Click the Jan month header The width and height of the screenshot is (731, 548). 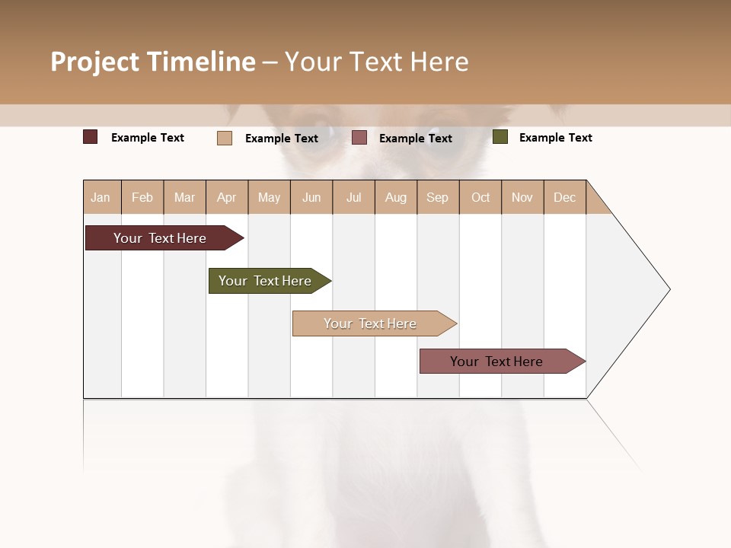click(x=101, y=197)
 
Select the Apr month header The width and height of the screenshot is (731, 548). click(x=227, y=197)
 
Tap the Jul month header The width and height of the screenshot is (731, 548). click(x=353, y=197)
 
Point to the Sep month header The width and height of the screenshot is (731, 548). click(x=437, y=197)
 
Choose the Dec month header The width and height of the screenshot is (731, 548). click(x=564, y=197)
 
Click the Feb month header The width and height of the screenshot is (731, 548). click(x=142, y=197)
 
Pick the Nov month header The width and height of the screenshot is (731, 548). click(x=522, y=197)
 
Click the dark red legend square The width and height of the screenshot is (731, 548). click(x=91, y=137)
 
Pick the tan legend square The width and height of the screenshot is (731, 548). click(x=225, y=138)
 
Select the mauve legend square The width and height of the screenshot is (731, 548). click(x=359, y=138)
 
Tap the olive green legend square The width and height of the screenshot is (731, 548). click(x=500, y=137)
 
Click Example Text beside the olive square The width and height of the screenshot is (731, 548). click(x=555, y=138)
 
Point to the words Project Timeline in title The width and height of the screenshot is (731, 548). click(x=152, y=62)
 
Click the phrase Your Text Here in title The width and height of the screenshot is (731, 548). click(x=376, y=62)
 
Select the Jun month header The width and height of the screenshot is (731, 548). click(x=311, y=197)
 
